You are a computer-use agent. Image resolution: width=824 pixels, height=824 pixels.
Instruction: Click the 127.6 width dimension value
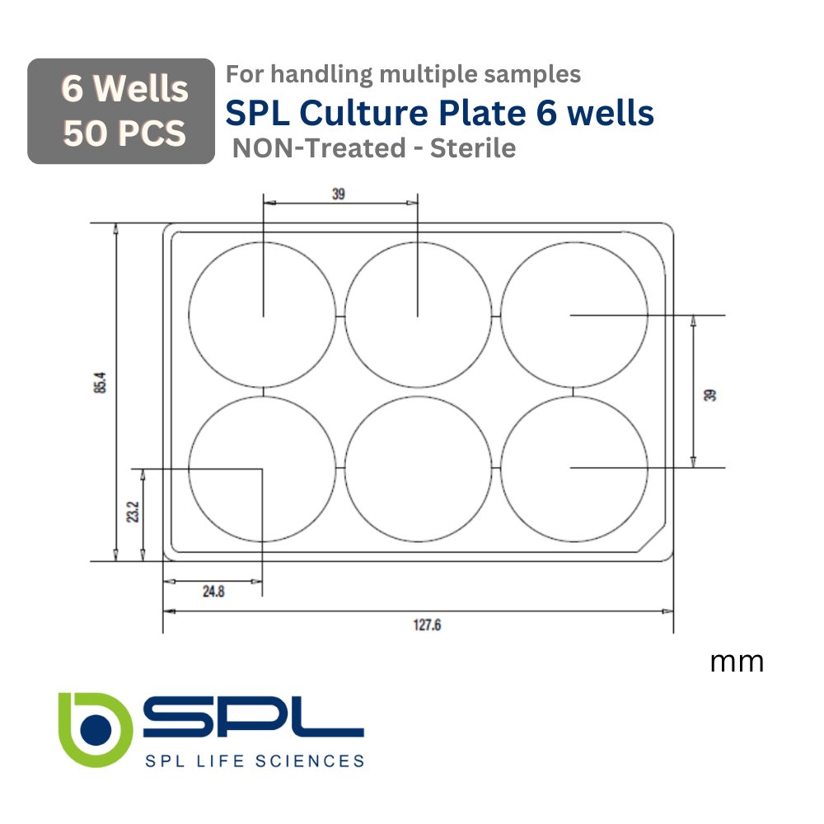(427, 625)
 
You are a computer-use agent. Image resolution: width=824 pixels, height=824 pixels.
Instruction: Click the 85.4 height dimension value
(100, 383)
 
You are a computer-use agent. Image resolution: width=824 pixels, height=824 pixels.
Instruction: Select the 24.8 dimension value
(213, 591)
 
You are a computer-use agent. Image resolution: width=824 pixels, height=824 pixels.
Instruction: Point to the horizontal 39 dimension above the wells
(339, 194)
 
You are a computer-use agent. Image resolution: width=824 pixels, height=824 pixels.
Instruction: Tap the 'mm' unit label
(737, 662)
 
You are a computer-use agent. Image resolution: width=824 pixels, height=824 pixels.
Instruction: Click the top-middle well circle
(418, 316)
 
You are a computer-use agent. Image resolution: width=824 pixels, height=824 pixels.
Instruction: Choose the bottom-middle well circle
(418, 468)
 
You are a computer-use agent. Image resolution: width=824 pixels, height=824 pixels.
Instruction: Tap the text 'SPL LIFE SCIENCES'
(254, 761)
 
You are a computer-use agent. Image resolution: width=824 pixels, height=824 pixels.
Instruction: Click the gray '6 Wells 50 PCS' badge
(121, 111)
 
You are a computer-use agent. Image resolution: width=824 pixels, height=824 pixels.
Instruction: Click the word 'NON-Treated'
(319, 148)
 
